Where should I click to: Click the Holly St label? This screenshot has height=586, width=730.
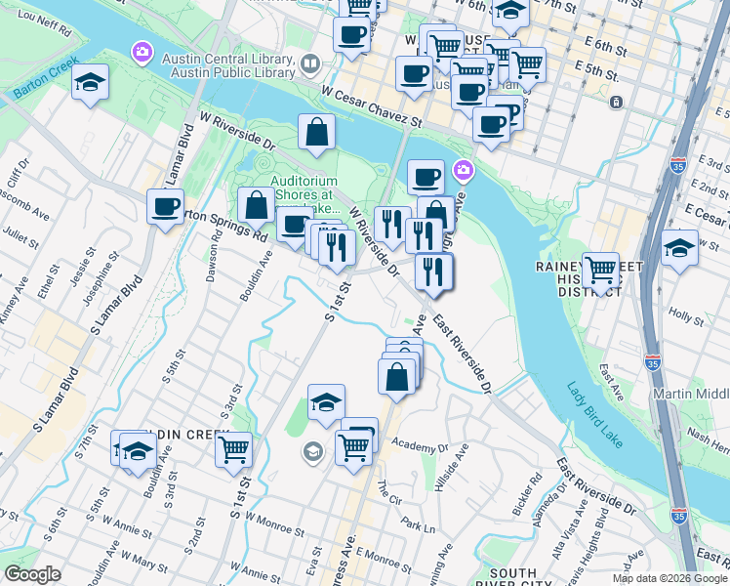tap(687, 317)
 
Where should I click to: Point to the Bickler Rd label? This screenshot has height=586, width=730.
tap(533, 485)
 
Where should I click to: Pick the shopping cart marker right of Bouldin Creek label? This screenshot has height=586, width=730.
tap(233, 449)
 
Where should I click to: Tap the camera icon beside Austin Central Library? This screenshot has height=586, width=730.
tap(142, 50)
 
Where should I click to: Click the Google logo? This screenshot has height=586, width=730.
tap(32, 574)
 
